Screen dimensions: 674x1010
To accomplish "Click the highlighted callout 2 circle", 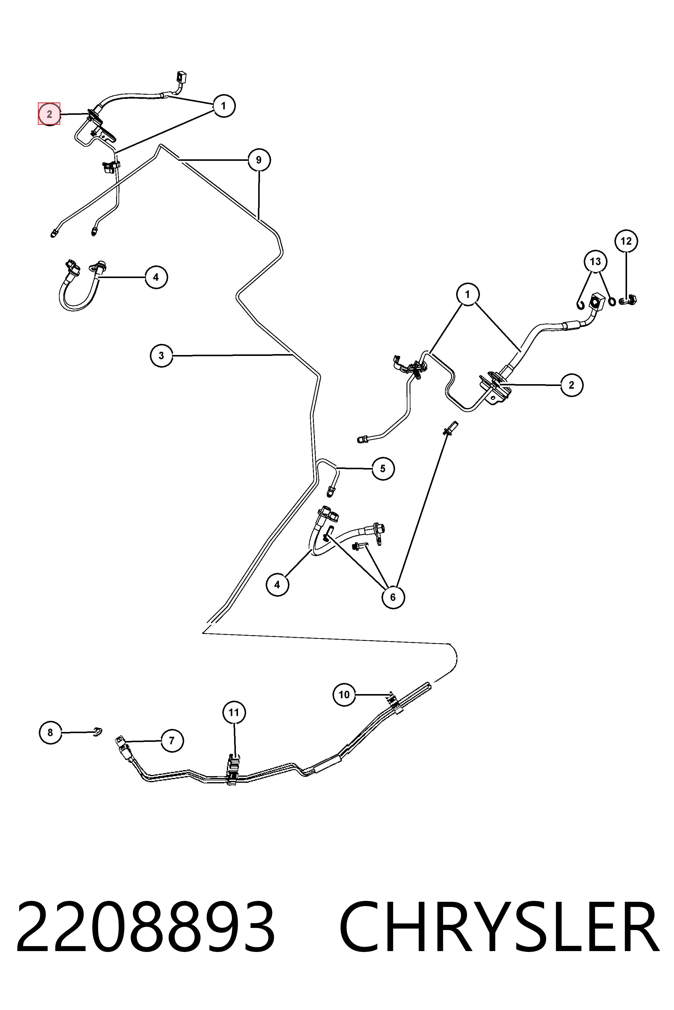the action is (49, 114).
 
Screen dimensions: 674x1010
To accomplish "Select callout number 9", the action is (259, 160).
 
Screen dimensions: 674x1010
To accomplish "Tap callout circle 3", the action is (162, 356).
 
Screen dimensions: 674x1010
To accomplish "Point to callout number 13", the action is (595, 262).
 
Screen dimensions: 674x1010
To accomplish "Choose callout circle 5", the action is (383, 469).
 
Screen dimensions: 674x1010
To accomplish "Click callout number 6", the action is (393, 597).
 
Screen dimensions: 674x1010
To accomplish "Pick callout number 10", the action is (344, 694).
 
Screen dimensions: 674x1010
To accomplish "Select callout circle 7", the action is (172, 741).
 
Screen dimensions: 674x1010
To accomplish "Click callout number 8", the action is (50, 732).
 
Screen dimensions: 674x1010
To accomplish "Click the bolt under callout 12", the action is (628, 300).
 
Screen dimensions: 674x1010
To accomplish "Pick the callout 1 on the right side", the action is (468, 294).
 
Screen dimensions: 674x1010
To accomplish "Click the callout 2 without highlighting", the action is (571, 385).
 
